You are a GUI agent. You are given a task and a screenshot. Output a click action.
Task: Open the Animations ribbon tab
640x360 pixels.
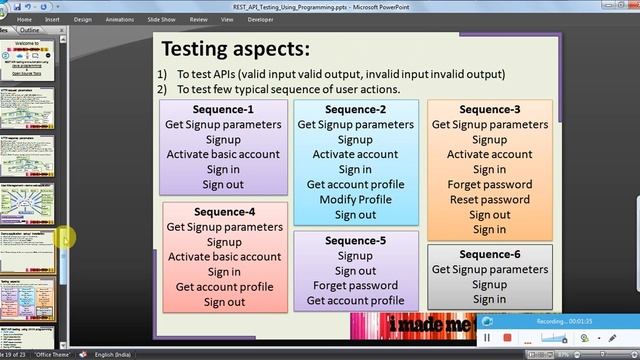pyautogui.click(x=121, y=18)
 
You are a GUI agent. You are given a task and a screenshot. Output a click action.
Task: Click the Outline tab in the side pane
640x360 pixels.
pyautogui.click(x=29, y=31)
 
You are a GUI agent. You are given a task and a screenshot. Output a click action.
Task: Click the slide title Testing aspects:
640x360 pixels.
pyautogui.click(x=235, y=49)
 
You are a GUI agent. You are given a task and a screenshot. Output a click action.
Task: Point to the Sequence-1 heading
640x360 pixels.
pyautogui.click(x=223, y=109)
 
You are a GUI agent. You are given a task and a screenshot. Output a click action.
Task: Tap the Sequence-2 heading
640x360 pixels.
pyautogui.click(x=355, y=109)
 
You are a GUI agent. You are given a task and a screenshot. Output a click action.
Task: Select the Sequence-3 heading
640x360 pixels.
pyautogui.click(x=489, y=109)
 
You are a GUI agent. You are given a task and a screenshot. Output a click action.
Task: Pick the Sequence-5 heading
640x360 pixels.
pyautogui.click(x=355, y=240)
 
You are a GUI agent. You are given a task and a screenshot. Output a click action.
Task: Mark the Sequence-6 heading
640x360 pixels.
pyautogui.click(x=489, y=254)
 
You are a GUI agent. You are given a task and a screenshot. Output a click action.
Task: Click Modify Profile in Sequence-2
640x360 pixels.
pyautogui.click(x=355, y=200)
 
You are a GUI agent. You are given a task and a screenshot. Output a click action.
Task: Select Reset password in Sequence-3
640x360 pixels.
pyautogui.click(x=489, y=200)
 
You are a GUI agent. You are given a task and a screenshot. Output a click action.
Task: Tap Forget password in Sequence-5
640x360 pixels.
pyautogui.click(x=355, y=285)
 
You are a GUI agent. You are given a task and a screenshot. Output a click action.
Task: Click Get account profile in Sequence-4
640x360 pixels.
pyautogui.click(x=224, y=287)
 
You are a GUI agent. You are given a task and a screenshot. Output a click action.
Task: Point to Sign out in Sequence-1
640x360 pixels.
pyautogui.click(x=224, y=185)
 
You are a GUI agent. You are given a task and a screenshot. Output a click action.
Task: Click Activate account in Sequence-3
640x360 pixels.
pyautogui.click(x=489, y=155)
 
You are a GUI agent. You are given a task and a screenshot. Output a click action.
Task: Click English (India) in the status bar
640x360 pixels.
pyautogui.click(x=117, y=353)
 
